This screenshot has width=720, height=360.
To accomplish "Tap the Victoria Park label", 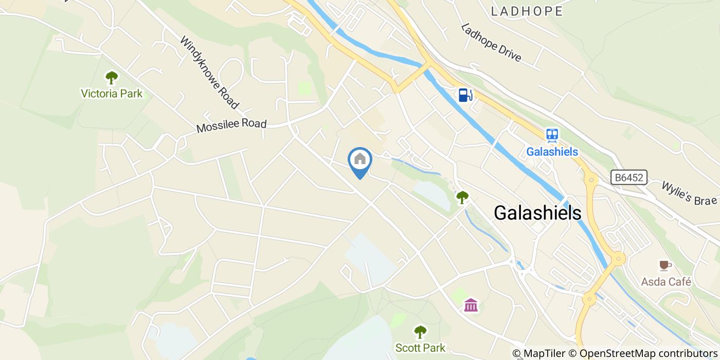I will [112, 94].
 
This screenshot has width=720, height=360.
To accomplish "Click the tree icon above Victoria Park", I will [112, 78].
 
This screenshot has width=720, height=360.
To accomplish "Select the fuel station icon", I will [465, 95].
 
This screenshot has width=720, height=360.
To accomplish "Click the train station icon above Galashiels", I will [552, 135].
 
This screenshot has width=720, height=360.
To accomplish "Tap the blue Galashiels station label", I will [552, 152].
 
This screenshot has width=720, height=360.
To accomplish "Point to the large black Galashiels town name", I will [537, 212].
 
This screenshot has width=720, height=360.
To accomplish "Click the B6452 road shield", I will [629, 178].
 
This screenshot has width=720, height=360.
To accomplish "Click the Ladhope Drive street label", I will [491, 43].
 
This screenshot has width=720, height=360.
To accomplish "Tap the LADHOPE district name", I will [527, 11].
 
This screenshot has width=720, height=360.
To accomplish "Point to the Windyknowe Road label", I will [209, 73].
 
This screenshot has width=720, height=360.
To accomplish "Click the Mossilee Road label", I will [232, 125].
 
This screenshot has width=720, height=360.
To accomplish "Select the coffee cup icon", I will [665, 265].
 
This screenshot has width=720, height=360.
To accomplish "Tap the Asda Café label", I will [666, 282].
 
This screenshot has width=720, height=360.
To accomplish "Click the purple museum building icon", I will [471, 305].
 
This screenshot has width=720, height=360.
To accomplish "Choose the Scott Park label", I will [420, 348].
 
